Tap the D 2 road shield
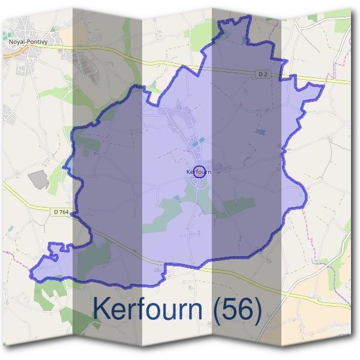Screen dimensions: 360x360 coord(262,74)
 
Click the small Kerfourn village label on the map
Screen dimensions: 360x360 coord(199,172)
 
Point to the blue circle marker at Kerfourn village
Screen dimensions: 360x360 coord(200,171)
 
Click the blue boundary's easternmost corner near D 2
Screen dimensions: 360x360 coord(324,86)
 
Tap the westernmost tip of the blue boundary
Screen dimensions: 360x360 coord(31,274)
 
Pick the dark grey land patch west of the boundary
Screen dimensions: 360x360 coord(38,179)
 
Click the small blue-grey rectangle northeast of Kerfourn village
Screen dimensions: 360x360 coord(259,130)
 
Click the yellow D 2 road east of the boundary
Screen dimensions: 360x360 coord(336,80)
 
